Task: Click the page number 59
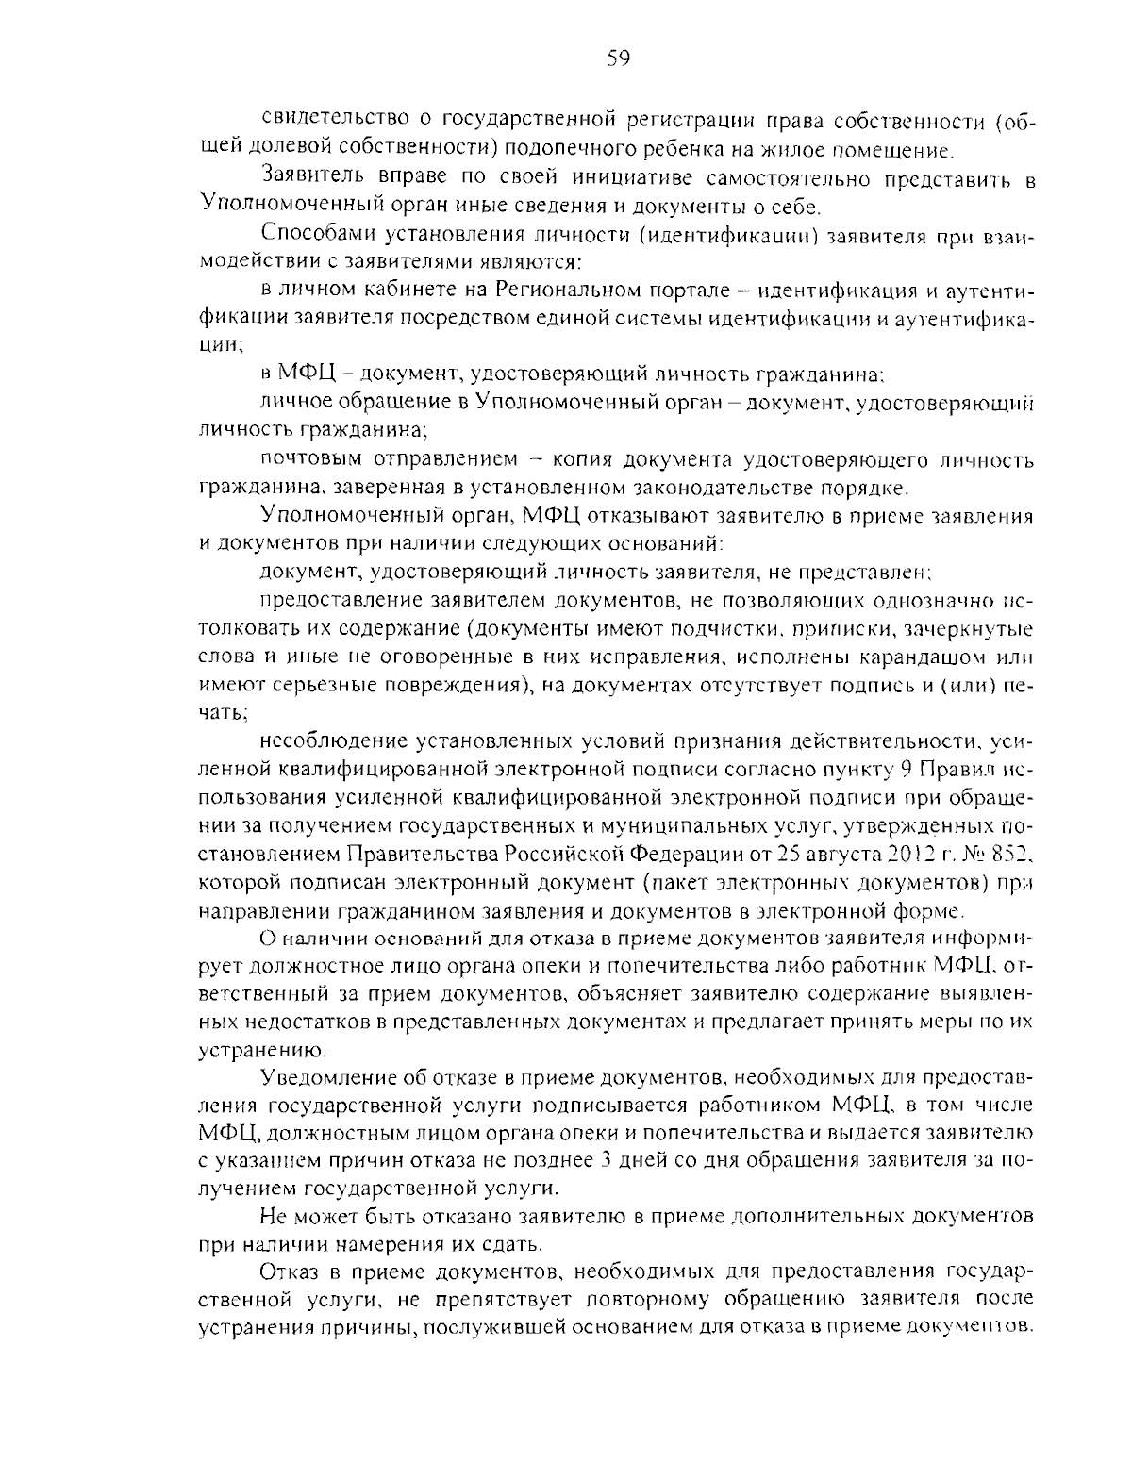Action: (x=618, y=59)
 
